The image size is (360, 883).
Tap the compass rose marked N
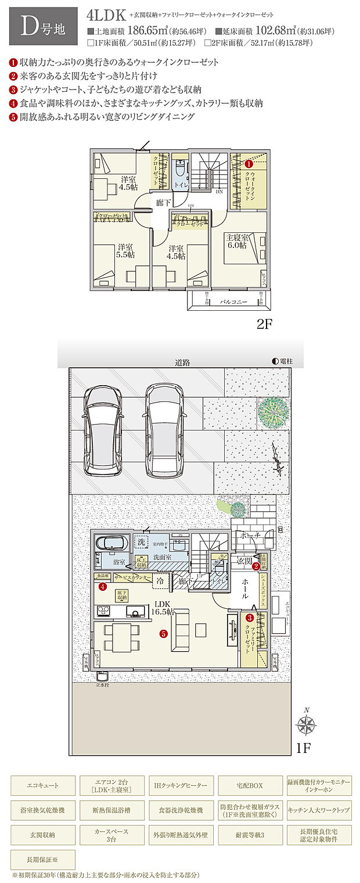306,724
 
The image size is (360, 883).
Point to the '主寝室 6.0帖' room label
237,242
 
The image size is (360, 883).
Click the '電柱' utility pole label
282,361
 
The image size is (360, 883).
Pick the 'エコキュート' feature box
43,785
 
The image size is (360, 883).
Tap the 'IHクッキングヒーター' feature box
181,785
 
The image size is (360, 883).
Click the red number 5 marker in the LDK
164,634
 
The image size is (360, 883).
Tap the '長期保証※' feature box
43,859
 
